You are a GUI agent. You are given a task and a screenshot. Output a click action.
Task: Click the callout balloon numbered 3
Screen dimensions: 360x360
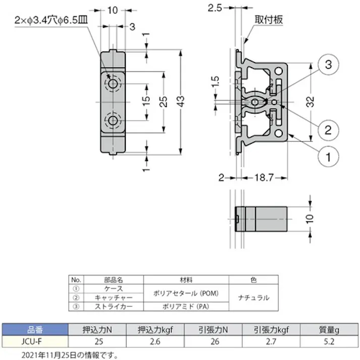pos(328,64)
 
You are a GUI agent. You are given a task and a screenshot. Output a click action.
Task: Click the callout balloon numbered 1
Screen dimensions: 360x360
pos(328,157)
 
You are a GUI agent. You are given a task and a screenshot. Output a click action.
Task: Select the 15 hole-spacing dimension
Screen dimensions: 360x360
pos(146,100)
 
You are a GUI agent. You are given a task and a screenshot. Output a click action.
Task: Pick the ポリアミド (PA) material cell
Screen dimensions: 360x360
pos(186,305)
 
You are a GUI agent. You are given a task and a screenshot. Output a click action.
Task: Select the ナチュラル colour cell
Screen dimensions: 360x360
pos(253,297)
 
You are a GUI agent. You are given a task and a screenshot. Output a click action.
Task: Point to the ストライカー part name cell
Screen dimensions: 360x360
pos(113,305)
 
